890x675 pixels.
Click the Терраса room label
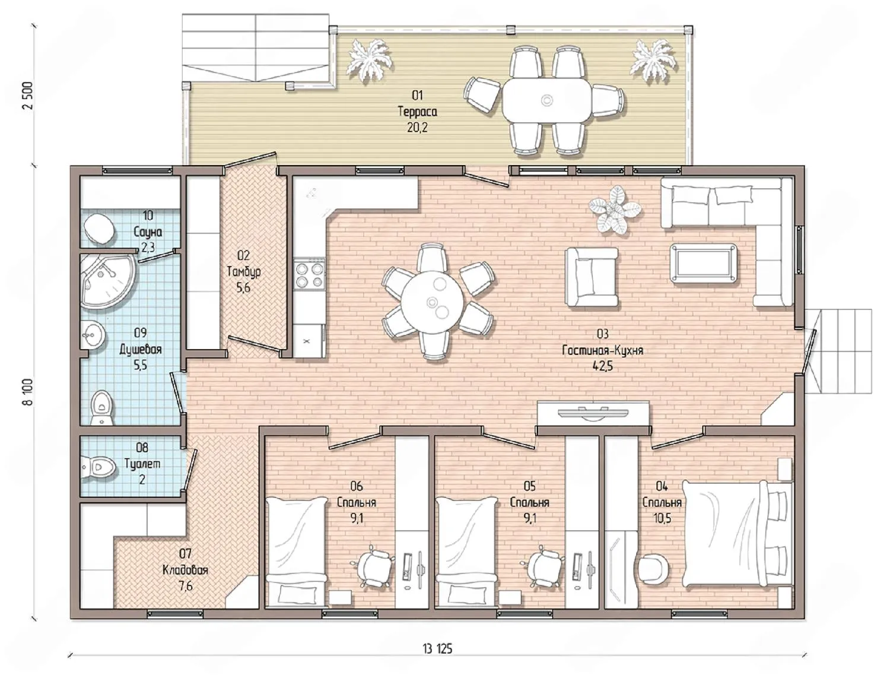point(417,112)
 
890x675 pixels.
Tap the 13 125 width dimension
point(437,649)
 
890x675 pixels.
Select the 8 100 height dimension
point(28,392)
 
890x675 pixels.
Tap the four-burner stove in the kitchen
point(309,275)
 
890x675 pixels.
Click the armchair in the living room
point(592,277)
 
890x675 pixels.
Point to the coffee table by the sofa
point(704,262)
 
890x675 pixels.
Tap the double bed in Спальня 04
point(737,534)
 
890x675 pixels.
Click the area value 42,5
point(603,366)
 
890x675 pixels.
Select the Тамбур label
point(244,271)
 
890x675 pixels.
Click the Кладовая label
point(185,571)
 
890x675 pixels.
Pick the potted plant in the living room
point(615,210)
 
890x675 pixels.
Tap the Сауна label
point(148,232)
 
